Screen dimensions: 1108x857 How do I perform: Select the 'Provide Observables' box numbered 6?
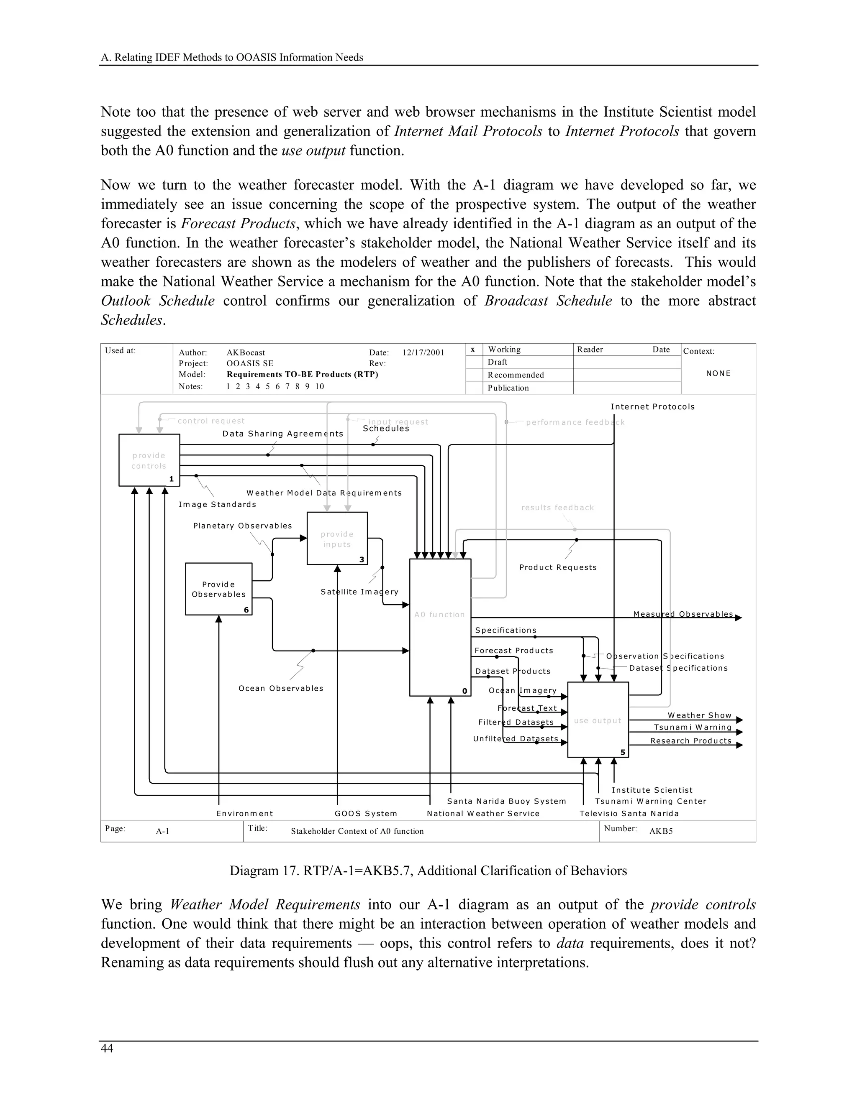click(x=218, y=589)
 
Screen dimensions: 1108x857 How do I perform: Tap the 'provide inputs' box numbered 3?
click(x=337, y=538)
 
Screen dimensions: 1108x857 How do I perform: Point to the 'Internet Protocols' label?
click(x=652, y=407)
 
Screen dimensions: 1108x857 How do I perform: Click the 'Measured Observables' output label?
click(x=683, y=614)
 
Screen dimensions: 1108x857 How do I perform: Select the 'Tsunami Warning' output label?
click(x=693, y=727)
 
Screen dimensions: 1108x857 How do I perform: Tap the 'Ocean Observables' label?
click(x=281, y=689)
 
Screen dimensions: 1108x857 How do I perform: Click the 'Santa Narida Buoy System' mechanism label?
click(x=506, y=801)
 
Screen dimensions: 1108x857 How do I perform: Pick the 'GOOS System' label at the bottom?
click(x=366, y=813)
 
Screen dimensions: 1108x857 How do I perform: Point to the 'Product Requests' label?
click(x=557, y=567)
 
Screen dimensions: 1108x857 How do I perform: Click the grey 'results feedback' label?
click(x=557, y=507)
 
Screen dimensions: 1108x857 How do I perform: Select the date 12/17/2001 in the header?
click(x=423, y=352)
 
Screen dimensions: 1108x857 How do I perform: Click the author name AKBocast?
click(x=246, y=352)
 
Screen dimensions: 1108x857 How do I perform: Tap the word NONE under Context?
click(x=718, y=373)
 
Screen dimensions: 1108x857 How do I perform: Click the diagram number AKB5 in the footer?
click(x=661, y=831)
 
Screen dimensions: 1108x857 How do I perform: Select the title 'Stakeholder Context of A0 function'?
click(x=357, y=831)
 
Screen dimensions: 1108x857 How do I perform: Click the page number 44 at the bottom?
click(x=107, y=1049)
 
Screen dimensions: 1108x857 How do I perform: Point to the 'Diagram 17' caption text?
click(x=428, y=871)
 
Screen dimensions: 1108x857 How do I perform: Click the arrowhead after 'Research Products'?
click(x=739, y=745)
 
